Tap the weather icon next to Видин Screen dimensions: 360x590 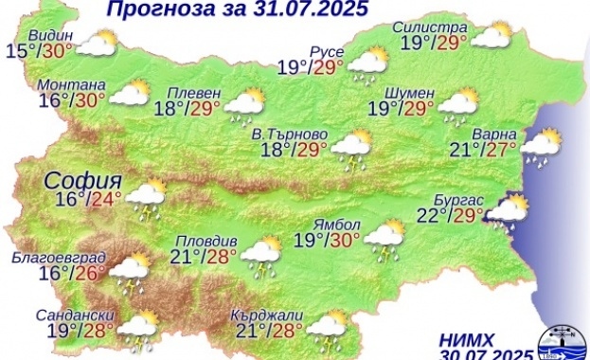coord(97,45)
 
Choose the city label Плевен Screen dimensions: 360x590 coord(194,92)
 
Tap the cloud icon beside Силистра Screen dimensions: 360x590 coord(491,36)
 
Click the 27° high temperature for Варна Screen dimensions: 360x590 coord(500,149)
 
